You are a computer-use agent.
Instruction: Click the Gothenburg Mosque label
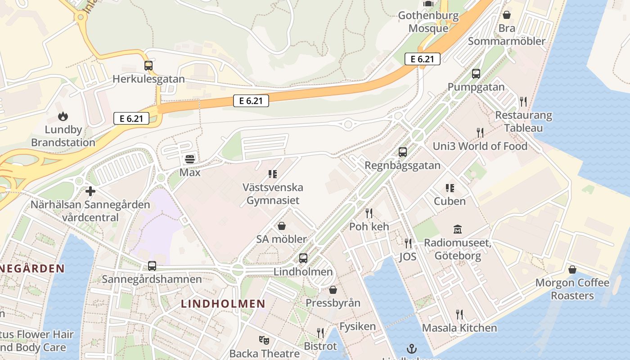coord(428,22)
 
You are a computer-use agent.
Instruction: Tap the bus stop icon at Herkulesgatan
coord(148,66)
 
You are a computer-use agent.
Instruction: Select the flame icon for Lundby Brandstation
coord(63,117)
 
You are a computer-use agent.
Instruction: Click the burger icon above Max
coord(190,159)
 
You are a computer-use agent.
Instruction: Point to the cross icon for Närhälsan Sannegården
coord(90,191)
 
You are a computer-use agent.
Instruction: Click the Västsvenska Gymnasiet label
coord(273,193)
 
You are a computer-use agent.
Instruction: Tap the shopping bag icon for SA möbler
coord(282,226)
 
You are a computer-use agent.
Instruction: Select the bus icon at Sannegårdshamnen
coord(152,266)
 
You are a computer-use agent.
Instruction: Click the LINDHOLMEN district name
coord(223,304)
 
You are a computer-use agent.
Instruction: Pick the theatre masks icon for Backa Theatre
coord(264,340)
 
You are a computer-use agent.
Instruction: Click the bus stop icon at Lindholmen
coord(303,258)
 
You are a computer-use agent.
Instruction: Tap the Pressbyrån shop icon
coord(333,290)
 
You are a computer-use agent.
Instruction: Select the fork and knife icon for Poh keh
coord(369,213)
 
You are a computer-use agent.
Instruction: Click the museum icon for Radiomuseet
coord(458,229)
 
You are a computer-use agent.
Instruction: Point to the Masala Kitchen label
coord(459,328)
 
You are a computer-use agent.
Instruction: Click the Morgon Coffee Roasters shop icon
coord(572,270)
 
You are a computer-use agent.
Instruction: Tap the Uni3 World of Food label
coord(480,146)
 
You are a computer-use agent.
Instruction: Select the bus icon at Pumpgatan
coord(476,74)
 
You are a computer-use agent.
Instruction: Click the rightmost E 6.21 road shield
coord(422,59)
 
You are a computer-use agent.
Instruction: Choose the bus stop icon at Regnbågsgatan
coord(403,152)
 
